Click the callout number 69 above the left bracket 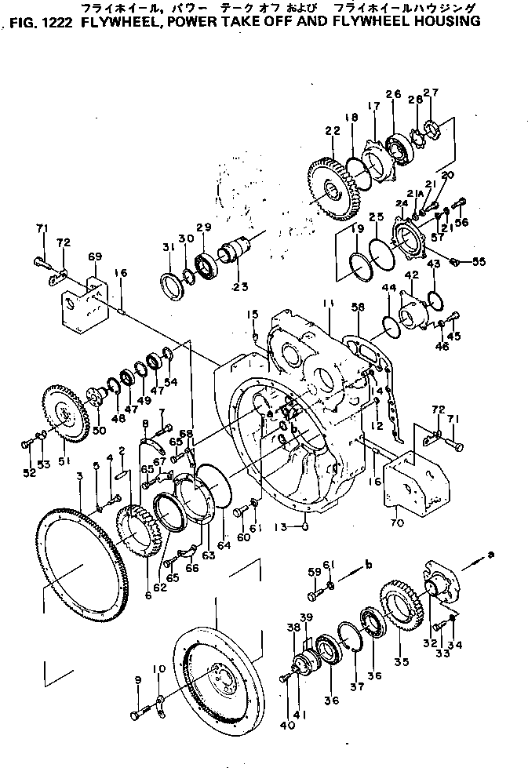[x=95, y=257]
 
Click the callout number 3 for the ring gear [x=80, y=476]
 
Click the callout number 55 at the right [x=477, y=260]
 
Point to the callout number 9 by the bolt [x=138, y=679]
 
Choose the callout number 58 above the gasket [x=359, y=311]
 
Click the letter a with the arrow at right [x=492, y=554]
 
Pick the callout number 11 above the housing [x=326, y=303]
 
